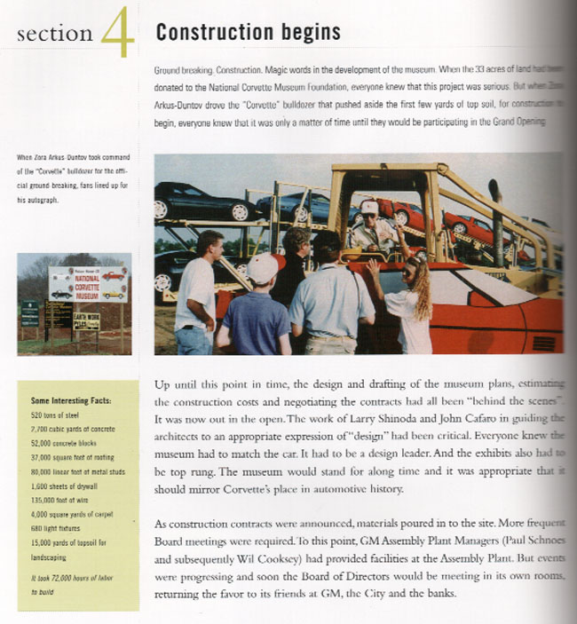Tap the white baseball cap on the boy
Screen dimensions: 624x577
[x=238, y=268]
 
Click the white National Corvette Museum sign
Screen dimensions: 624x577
[x=88, y=283]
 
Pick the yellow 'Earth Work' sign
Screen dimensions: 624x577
[x=86, y=320]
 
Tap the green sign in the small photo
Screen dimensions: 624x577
[x=30, y=313]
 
